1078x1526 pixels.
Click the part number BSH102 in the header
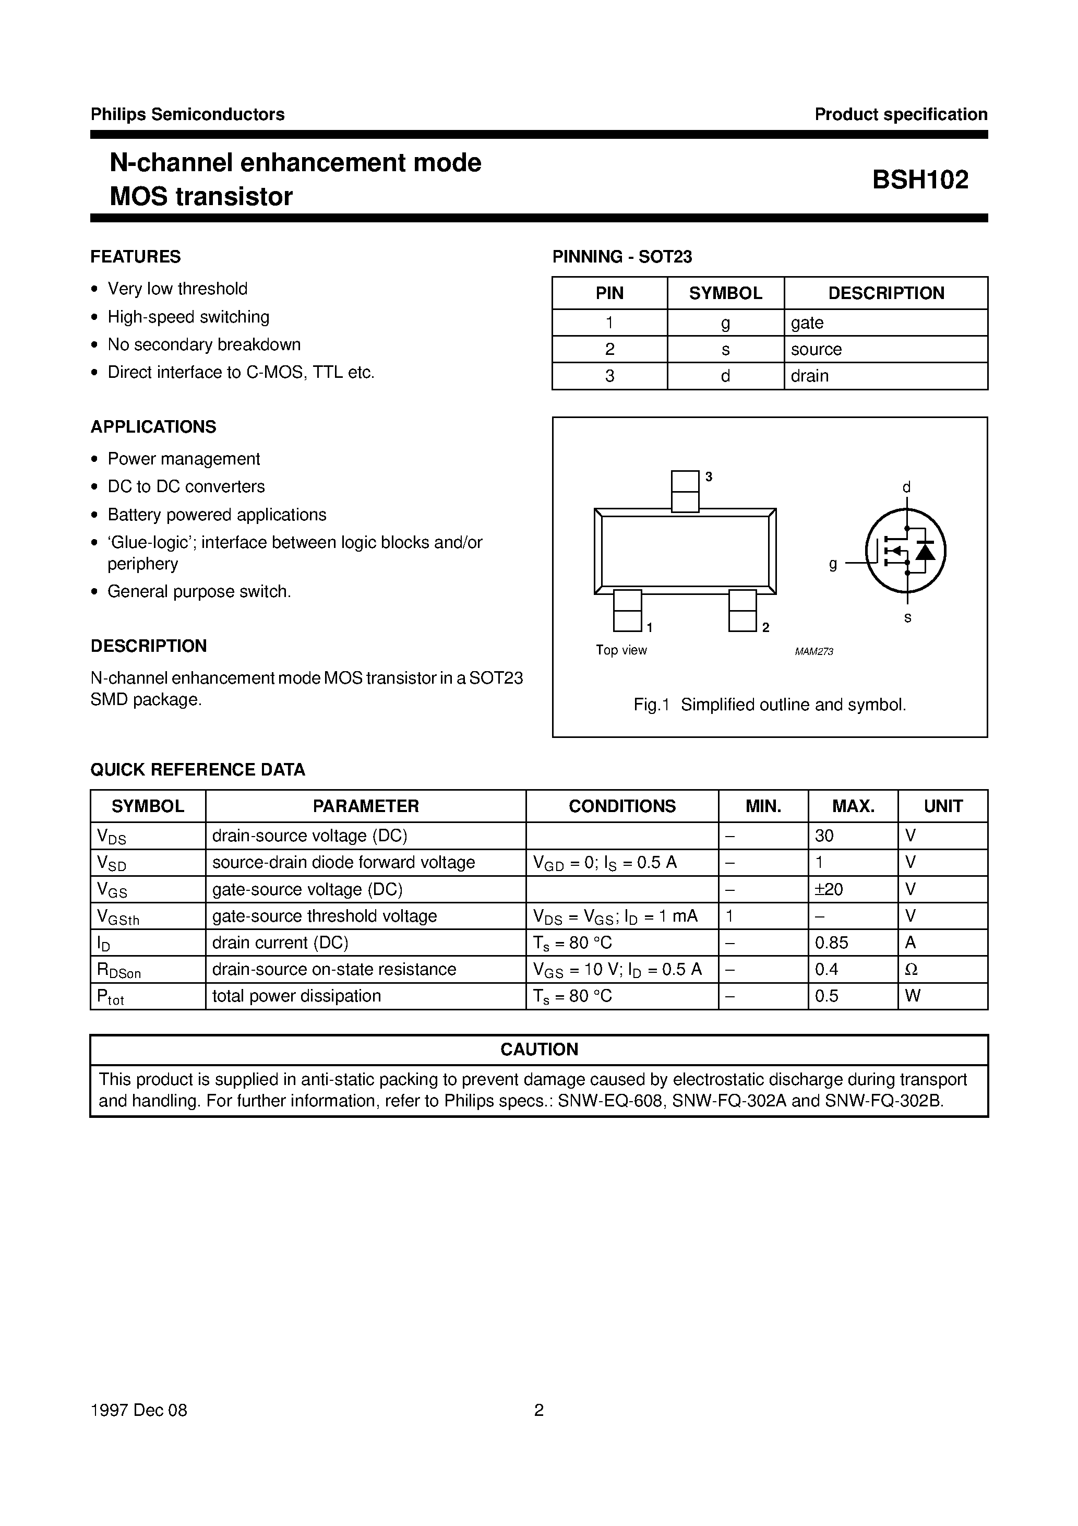click(920, 180)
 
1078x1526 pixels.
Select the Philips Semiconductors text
click(187, 114)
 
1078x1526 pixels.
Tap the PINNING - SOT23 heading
click(622, 257)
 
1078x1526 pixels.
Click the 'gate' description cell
click(807, 323)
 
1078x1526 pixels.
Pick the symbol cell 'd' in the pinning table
click(725, 376)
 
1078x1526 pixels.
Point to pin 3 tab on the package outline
click(685, 491)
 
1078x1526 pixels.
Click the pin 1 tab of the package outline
click(627, 611)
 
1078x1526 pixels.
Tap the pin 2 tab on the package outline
click(742, 611)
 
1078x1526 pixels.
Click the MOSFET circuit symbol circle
click(905, 551)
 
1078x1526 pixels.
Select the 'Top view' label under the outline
click(621, 650)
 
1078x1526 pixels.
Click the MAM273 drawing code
click(813, 652)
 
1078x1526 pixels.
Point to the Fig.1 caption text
click(770, 705)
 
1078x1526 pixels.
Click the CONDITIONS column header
click(621, 806)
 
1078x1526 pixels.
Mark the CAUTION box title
click(539, 1050)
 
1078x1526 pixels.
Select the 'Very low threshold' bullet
click(177, 289)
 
